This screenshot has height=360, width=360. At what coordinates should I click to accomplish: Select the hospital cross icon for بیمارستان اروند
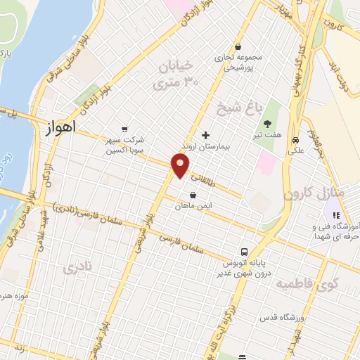(205, 134)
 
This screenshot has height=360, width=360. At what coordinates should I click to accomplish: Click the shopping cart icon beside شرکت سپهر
(124, 129)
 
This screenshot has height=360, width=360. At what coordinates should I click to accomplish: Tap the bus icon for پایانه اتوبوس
(244, 251)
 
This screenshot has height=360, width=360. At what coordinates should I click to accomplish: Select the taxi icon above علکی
(296, 138)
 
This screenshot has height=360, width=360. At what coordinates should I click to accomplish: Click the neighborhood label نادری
(77, 268)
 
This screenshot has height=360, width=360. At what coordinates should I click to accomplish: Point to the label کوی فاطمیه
(307, 285)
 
